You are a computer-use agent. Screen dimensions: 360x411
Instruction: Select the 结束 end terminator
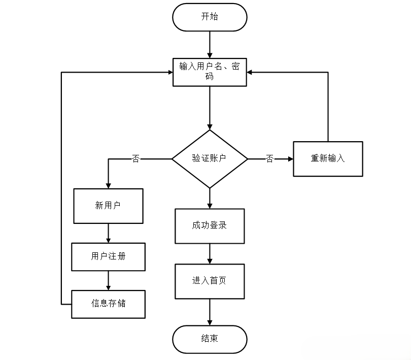pos(210,339)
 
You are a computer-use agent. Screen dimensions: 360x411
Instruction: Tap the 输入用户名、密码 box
pos(210,72)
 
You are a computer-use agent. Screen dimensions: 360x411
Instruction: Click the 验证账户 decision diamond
pos(210,159)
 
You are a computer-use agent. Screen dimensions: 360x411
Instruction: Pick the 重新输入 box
pos(328,159)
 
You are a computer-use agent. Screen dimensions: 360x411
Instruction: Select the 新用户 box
pos(108,206)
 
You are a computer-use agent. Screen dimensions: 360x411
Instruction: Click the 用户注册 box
pos(108,257)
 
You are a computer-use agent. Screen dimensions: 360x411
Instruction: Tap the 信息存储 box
pos(108,304)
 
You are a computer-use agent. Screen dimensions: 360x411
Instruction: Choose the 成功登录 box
pos(210,225)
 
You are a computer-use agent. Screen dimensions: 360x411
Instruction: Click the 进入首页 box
pos(210,281)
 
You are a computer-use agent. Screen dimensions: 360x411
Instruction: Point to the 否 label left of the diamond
pos(135,159)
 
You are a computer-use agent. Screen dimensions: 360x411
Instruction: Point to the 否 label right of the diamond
pos(269,159)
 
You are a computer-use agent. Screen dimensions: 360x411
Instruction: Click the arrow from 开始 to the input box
pos(210,45)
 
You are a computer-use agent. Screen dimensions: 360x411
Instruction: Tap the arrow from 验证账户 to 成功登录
pos(210,198)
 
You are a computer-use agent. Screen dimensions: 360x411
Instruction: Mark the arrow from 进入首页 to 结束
pos(210,312)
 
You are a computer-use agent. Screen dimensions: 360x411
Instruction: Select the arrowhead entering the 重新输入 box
pos(290,159)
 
